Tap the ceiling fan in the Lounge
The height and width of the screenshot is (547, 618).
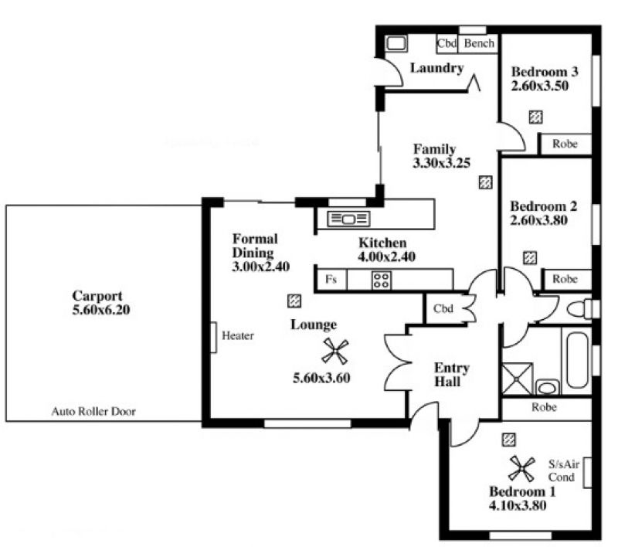[x=334, y=353]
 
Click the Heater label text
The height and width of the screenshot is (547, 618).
[x=238, y=336]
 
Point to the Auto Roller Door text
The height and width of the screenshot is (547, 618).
[x=93, y=412]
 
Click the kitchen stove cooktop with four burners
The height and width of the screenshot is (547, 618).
[x=381, y=280]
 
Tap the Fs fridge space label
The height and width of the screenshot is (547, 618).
[x=331, y=280]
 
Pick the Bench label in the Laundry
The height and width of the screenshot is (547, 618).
[x=479, y=44]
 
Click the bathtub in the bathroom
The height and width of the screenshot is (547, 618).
[x=577, y=360]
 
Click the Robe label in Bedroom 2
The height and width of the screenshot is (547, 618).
[x=565, y=280]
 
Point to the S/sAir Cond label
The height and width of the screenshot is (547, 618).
[x=562, y=471]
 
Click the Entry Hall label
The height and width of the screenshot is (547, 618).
[x=451, y=375]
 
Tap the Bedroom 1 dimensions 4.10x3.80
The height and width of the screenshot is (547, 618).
[x=518, y=507]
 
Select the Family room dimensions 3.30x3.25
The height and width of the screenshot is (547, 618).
[x=443, y=163]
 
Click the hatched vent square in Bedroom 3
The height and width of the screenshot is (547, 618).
[x=535, y=117]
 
